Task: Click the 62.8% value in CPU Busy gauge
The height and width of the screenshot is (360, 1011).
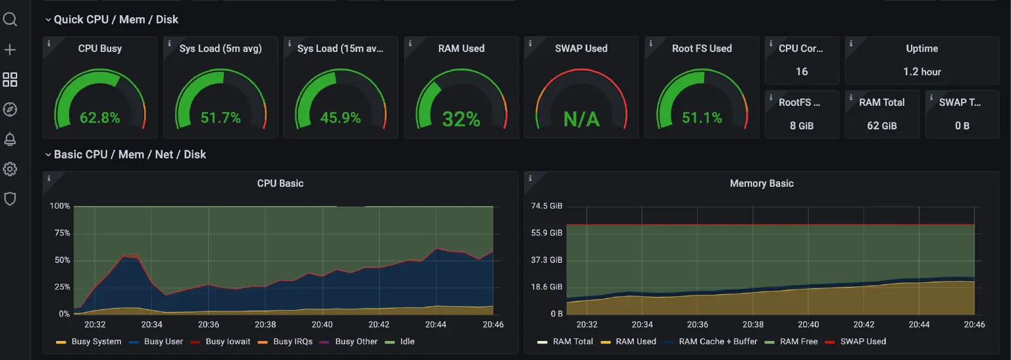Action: coord(100,118)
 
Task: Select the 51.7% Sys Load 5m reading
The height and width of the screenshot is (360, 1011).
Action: coord(220,118)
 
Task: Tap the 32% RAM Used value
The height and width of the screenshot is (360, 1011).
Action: coord(461,119)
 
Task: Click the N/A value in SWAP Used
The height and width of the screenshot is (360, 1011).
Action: coord(581,119)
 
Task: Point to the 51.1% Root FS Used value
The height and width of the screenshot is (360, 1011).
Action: coord(702,118)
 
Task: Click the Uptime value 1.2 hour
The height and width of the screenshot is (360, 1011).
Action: coord(921,72)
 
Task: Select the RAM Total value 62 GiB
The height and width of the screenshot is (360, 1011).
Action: coord(881,126)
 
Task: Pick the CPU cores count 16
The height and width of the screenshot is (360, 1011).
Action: coord(801,72)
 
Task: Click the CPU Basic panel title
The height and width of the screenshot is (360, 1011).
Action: coord(280,184)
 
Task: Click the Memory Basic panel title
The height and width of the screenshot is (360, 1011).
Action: coord(762,184)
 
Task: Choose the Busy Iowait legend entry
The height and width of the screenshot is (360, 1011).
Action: coord(228,342)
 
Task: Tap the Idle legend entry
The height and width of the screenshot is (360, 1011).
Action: coord(407,342)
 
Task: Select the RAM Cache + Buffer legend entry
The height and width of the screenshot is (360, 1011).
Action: coord(717,342)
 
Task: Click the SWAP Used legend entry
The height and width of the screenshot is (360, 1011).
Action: coord(863,342)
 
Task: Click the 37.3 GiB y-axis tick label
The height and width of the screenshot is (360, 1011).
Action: coord(547,260)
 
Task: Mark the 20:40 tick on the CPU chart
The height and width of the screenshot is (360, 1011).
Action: coord(322,324)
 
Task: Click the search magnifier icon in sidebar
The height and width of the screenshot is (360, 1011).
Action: coord(10,20)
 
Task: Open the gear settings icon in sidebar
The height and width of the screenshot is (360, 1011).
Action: coord(10,169)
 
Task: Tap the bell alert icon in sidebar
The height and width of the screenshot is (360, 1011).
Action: coord(10,139)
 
